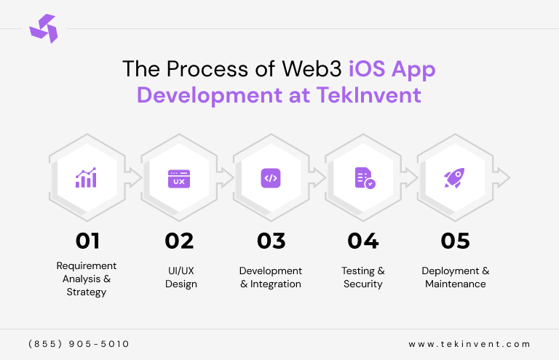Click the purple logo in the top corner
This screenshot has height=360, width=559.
pyautogui.click(x=42, y=28)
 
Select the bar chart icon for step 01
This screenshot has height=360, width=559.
pyautogui.click(x=86, y=177)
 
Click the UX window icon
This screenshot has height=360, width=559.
pyautogui.click(x=178, y=178)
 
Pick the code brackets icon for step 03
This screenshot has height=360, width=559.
pyautogui.click(x=270, y=177)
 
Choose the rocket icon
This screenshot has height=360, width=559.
pyautogui.click(x=454, y=177)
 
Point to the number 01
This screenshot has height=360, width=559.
pyautogui.click(x=87, y=241)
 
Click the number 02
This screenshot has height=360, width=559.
pyautogui.click(x=180, y=241)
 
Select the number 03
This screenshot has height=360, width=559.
pyautogui.click(x=271, y=241)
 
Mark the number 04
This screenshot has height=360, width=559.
pyautogui.click(x=362, y=241)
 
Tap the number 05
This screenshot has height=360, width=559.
pyautogui.click(x=455, y=241)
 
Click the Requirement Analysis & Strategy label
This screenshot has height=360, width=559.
pyautogui.click(x=87, y=279)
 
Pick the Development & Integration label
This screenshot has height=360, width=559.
pyautogui.click(x=271, y=277)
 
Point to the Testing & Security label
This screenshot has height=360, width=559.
pyautogui.click(x=363, y=277)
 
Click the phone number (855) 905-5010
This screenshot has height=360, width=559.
pyautogui.click(x=79, y=343)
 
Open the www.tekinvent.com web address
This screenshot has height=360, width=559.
pyautogui.click(x=469, y=343)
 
